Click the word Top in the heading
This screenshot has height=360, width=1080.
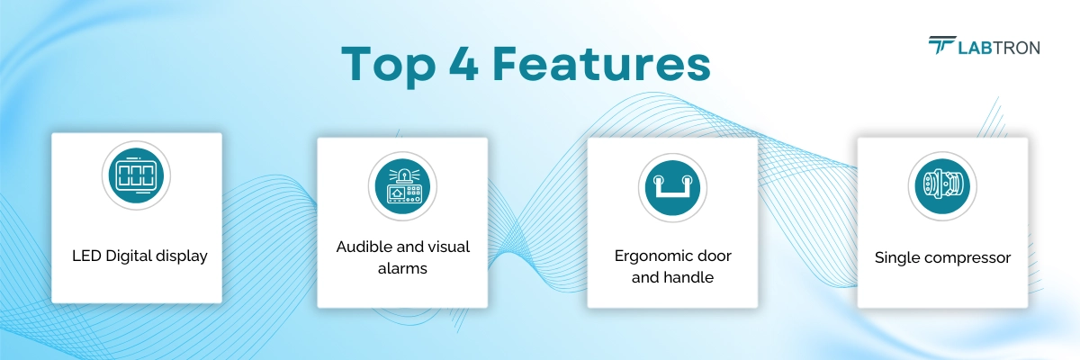click(x=389, y=65)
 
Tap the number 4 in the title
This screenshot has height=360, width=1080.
click(x=463, y=63)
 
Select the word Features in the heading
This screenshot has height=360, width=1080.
click(x=601, y=64)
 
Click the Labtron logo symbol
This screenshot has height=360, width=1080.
click(x=942, y=45)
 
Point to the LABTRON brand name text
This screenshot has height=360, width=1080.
click(x=999, y=48)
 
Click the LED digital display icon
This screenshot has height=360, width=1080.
click(x=136, y=175)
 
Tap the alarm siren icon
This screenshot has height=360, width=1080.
click(x=402, y=186)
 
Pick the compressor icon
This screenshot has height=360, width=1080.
click(x=942, y=186)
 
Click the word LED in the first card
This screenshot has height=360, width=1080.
click(x=86, y=256)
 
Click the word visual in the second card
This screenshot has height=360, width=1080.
click(x=449, y=247)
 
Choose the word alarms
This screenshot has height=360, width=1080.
click(x=402, y=268)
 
